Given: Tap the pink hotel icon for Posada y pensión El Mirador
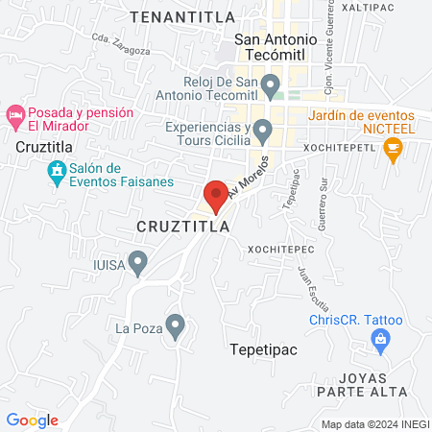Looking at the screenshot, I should (14, 116).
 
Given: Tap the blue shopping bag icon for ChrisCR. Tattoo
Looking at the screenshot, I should (381, 339).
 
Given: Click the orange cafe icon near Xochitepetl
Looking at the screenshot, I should (391, 149).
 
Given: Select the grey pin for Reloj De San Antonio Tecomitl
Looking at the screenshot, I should (272, 88).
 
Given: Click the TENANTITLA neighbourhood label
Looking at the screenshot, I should (169, 16).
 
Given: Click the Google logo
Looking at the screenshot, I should (33, 420).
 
